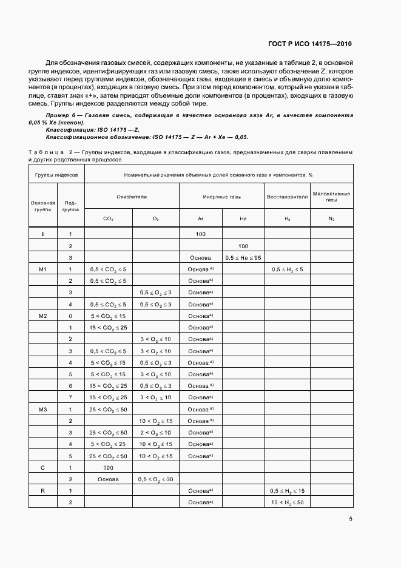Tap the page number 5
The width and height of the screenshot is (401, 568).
[351, 519]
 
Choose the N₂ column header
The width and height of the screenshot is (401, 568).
[331, 218]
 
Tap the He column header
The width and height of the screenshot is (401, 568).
[243, 218]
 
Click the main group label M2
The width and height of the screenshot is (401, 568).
[42, 316]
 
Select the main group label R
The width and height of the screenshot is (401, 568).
[42, 490]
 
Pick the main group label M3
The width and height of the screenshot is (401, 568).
[42, 409]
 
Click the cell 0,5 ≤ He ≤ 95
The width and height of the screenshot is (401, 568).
[243, 257]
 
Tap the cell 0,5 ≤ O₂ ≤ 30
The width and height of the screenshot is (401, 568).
[155, 479]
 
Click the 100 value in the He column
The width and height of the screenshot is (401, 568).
[243, 246]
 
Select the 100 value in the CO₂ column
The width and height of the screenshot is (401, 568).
[109, 467]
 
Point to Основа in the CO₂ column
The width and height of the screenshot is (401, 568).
[109, 479]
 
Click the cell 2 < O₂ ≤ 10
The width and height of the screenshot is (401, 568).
[155, 432]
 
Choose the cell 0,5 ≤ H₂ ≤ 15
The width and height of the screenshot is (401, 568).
[287, 490]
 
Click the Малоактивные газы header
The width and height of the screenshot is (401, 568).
[331, 197]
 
